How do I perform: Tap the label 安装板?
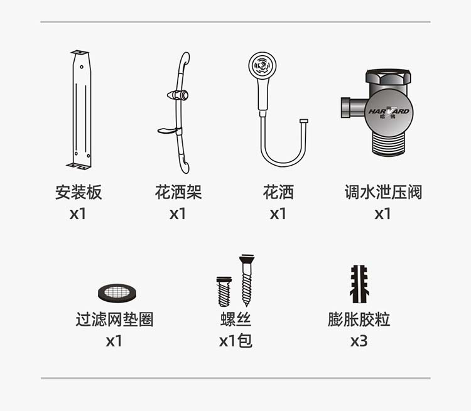78,192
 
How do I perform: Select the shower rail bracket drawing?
178,113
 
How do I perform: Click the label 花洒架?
178,192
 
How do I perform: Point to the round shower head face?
263,66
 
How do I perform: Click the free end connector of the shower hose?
304,121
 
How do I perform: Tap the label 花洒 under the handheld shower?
278,192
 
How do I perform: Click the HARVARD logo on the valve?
389,112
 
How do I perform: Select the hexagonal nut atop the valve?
388,77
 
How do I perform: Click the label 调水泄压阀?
383,192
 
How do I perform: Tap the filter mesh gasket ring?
117,292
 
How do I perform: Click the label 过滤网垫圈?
114,319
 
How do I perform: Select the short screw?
224,291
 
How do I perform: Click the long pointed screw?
247,280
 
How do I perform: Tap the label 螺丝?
235,319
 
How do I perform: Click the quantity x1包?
235,341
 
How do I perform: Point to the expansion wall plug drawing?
359,284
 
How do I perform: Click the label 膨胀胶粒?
359,319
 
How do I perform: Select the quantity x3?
359,341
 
